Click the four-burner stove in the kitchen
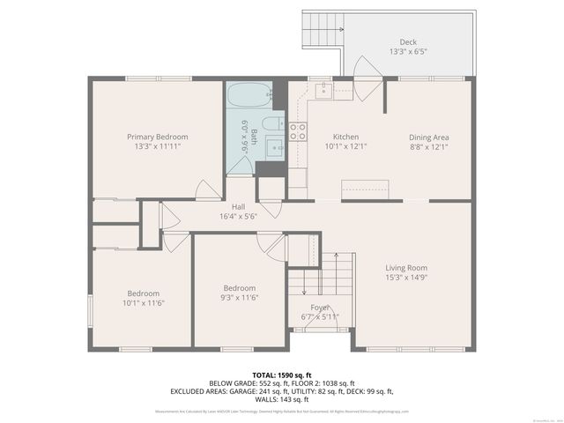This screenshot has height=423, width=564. click(298, 132)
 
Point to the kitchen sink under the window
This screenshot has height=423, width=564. click(324, 88)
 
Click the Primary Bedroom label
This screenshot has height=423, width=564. click(157, 137)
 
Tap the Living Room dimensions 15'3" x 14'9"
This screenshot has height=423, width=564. click(405, 278)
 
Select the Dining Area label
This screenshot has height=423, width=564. click(429, 137)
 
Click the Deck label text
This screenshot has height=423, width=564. click(407, 41)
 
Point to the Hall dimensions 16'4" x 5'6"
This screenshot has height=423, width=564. click(237, 216)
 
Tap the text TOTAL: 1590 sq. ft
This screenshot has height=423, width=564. click(281, 375)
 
